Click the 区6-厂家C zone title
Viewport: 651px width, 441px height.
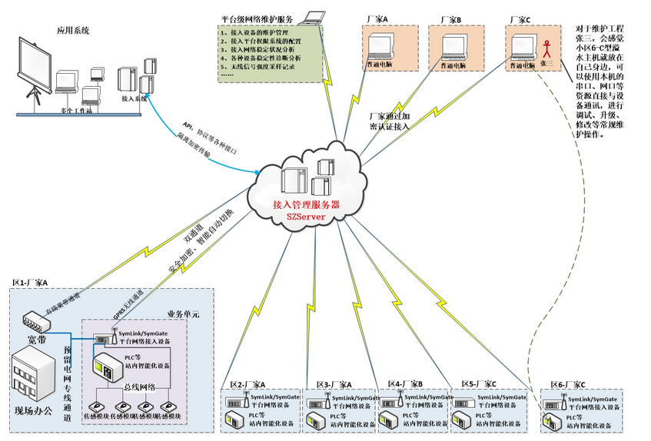[x=568, y=383]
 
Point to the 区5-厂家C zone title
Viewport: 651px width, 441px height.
[x=479, y=383]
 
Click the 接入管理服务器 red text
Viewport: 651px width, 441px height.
[x=306, y=205]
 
